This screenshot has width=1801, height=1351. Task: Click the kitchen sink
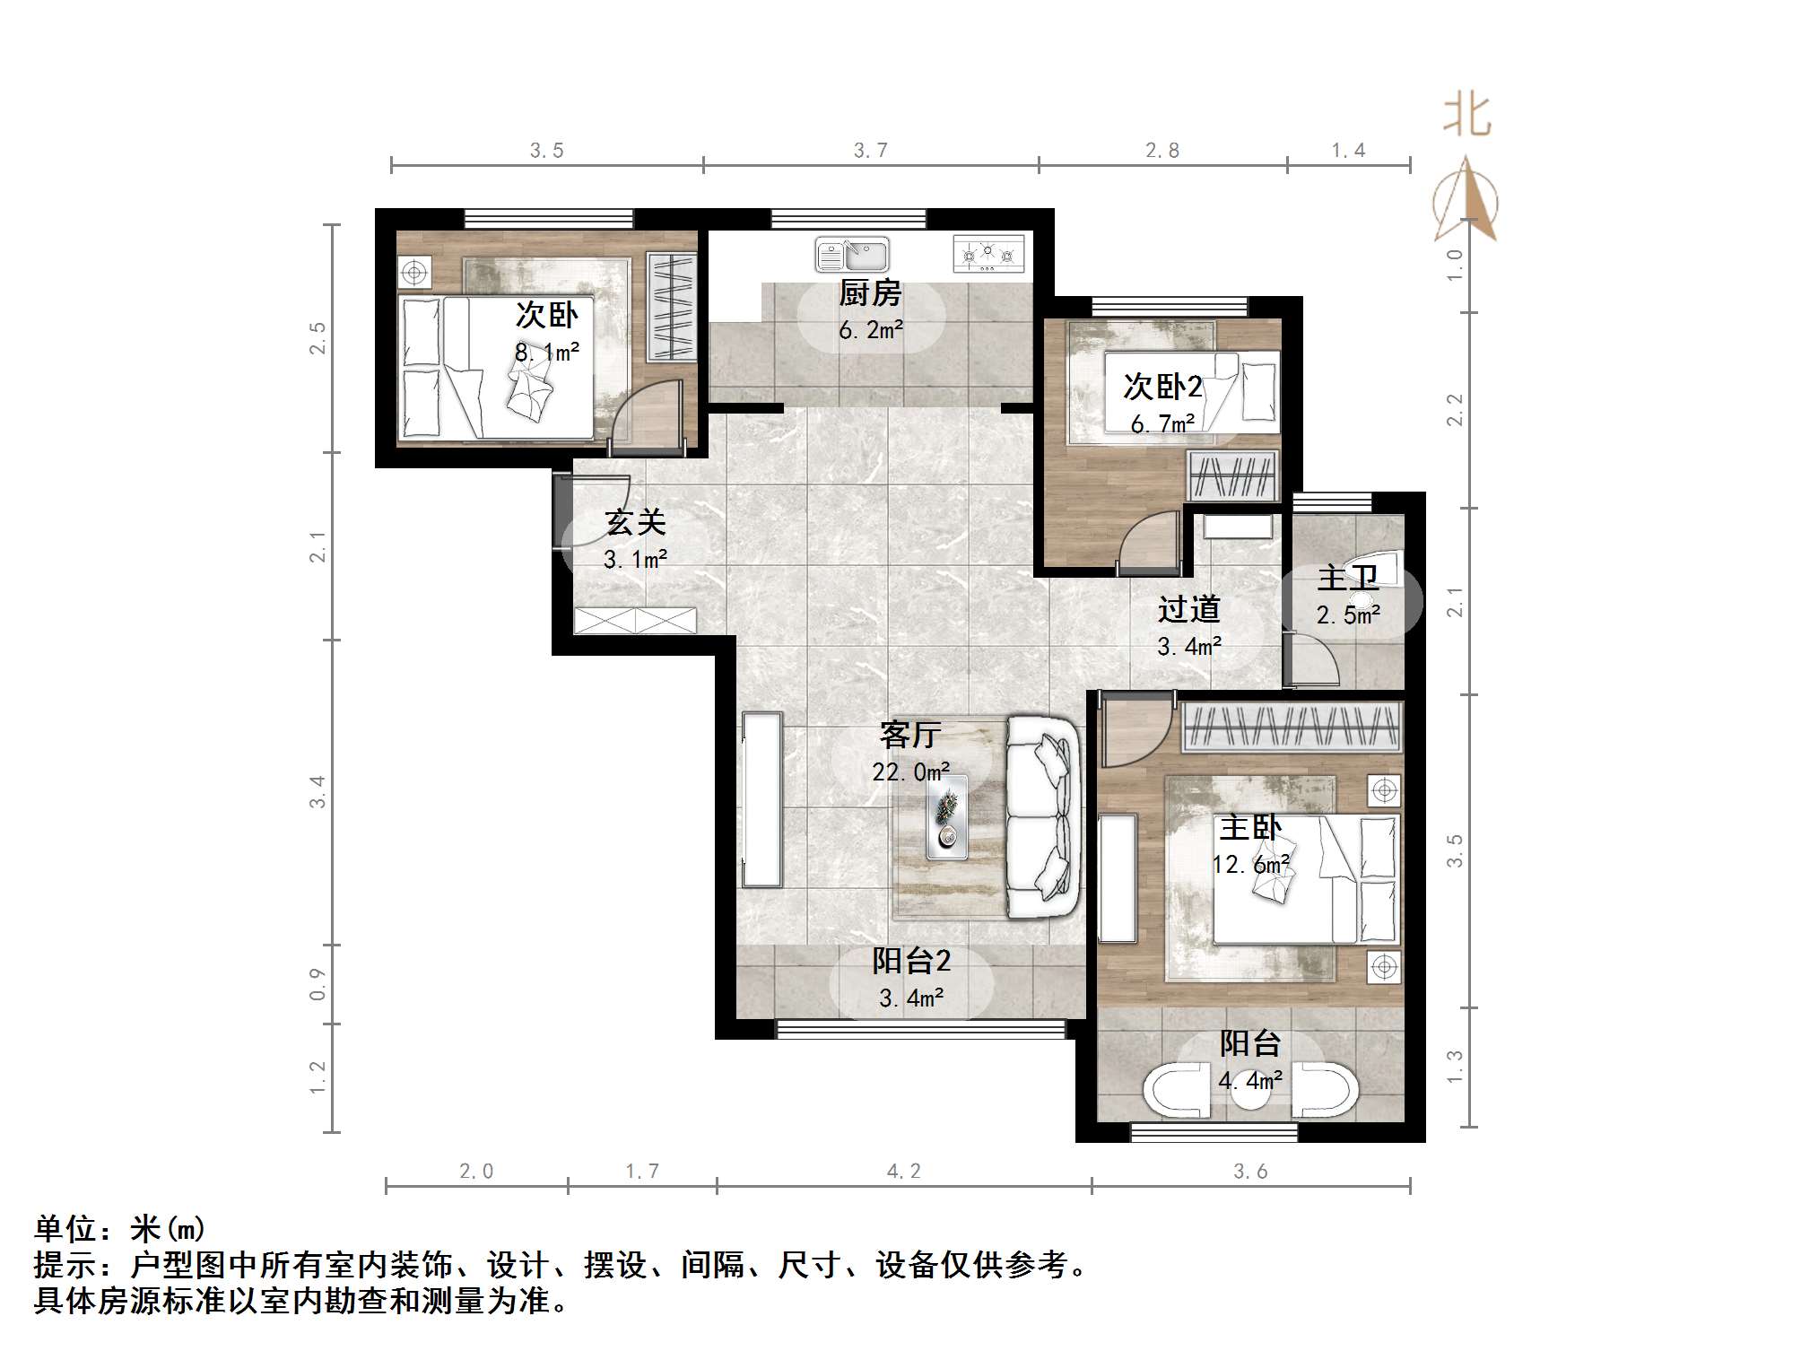pyautogui.click(x=851, y=255)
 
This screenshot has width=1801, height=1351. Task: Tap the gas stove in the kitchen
pyautogui.click(x=988, y=254)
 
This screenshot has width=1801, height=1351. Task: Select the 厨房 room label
pyautogui.click(x=869, y=293)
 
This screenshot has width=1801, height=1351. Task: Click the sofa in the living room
pyautogui.click(x=1041, y=816)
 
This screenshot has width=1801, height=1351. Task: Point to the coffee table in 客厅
pyautogui.click(x=947, y=815)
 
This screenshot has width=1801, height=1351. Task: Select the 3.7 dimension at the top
pyautogui.click(x=870, y=151)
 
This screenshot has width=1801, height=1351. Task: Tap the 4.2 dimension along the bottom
pyautogui.click(x=903, y=1171)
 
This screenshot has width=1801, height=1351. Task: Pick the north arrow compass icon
pyautogui.click(x=1466, y=201)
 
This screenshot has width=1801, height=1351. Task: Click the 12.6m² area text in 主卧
pyautogui.click(x=1250, y=865)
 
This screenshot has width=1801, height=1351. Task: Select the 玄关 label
pyautogui.click(x=635, y=522)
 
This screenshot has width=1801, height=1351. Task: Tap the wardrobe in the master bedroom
pyautogui.click(x=1291, y=726)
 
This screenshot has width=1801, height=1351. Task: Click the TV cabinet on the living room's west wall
pyautogui.click(x=761, y=799)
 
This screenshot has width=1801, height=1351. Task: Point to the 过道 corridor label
pyautogui.click(x=1188, y=610)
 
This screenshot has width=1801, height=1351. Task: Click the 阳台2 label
pyautogui.click(x=911, y=962)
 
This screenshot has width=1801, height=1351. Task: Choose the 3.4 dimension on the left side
pyautogui.click(x=318, y=792)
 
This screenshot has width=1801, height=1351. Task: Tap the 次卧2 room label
pyautogui.click(x=1162, y=388)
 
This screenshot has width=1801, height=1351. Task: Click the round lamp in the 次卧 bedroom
pyautogui.click(x=413, y=271)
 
